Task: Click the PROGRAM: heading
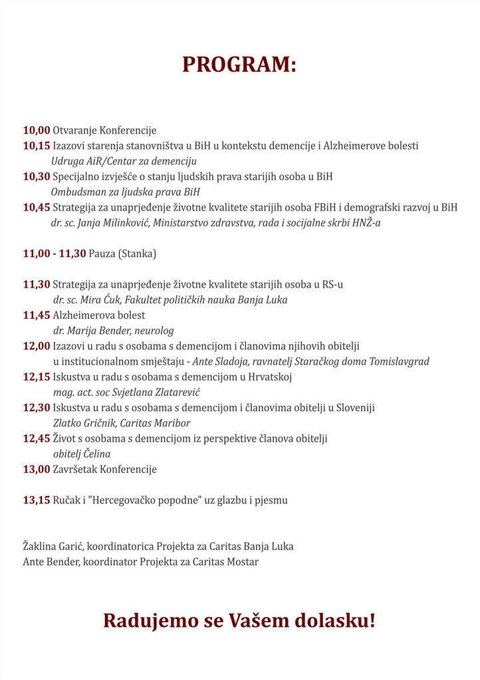239,64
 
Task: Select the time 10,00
37,131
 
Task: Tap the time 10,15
37,146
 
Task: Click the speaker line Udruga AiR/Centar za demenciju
124,161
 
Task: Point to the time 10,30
37,177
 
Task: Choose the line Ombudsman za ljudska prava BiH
125,192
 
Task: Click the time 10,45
37,207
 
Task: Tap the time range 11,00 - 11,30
55,254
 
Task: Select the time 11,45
37,315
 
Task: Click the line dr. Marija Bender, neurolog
113,331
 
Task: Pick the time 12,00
37,346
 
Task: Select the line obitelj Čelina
82,454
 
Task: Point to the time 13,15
37,500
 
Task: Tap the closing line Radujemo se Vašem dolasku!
239,621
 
